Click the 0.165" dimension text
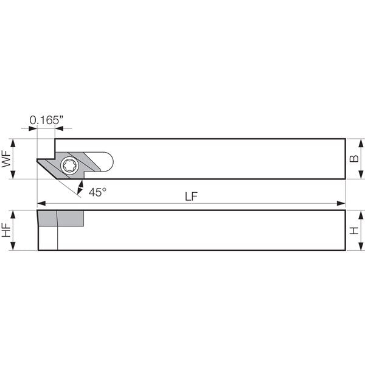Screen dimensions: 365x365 click(x=47, y=120)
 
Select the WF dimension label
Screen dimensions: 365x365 click(x=6, y=159)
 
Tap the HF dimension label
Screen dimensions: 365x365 click(x=6, y=230)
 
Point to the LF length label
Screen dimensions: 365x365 click(x=191, y=196)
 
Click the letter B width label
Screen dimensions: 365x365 click(x=354, y=159)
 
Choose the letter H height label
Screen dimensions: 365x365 click(x=354, y=231)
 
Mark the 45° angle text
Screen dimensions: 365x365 click(x=97, y=192)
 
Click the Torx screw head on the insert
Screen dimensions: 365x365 click(x=69, y=165)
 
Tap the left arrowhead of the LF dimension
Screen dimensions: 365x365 click(x=41, y=203)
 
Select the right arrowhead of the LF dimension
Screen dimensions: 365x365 click(x=341, y=203)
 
